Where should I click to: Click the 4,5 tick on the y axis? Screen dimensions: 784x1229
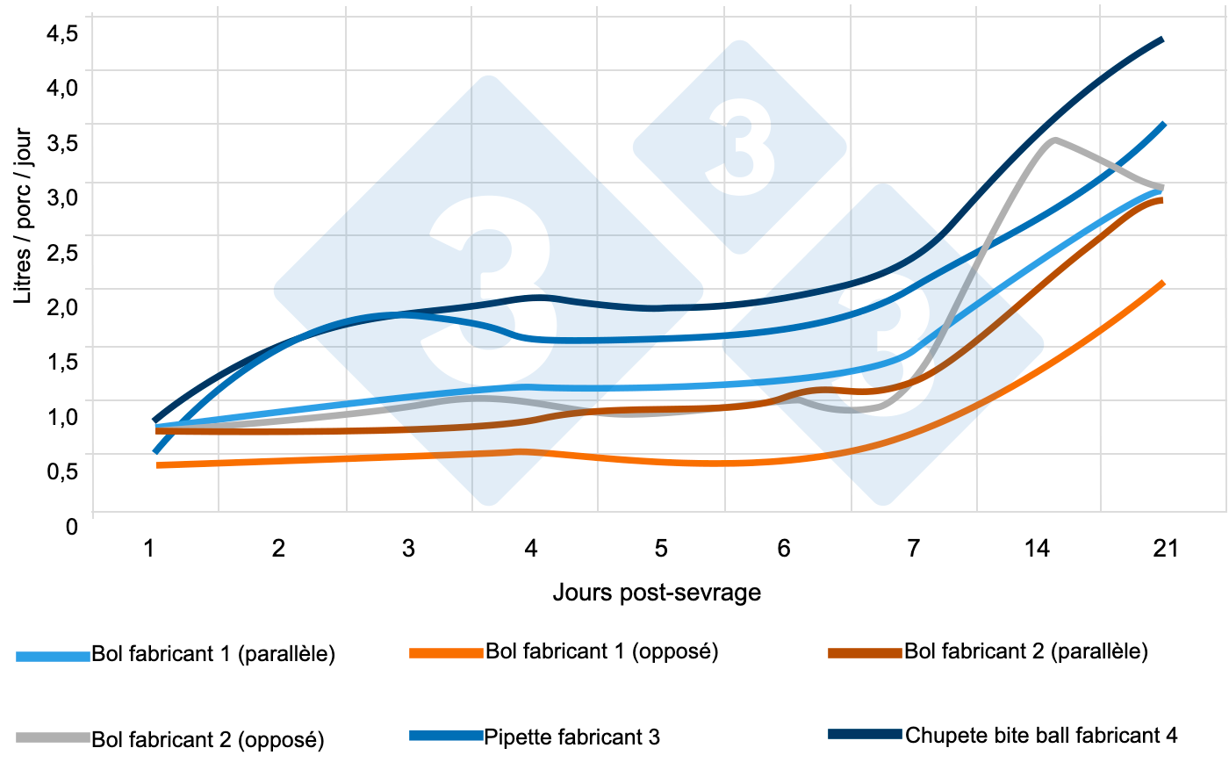click(x=62, y=33)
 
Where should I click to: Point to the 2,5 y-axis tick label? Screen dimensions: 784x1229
click(x=62, y=253)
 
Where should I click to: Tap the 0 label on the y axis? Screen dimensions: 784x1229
click(x=72, y=528)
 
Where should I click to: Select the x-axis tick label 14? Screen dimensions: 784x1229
click(x=1037, y=549)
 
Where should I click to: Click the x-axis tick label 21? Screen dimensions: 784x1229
click(x=1165, y=549)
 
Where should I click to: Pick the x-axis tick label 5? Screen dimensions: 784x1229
click(x=660, y=549)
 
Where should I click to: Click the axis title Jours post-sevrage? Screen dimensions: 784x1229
click(x=657, y=593)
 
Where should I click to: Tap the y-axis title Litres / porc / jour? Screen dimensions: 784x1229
click(x=24, y=216)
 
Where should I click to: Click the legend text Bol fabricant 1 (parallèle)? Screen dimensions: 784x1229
click(x=213, y=654)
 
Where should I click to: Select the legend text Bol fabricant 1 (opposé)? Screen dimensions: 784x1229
click(x=601, y=651)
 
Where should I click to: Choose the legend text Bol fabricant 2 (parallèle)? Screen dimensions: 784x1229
click(x=1025, y=651)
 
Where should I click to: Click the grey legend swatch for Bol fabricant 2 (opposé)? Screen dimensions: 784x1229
click(x=53, y=737)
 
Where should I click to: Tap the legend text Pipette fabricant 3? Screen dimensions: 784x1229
click(x=571, y=737)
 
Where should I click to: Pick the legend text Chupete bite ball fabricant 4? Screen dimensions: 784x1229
click(x=1041, y=735)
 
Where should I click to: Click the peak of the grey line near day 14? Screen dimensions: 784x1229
click(x=1053, y=140)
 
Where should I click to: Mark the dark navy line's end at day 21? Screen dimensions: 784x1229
click(x=1162, y=40)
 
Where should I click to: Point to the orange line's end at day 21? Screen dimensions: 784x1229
click(x=1163, y=283)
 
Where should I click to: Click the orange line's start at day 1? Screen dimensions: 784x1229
click(x=159, y=464)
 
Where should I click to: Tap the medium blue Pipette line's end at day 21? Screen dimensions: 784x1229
click(x=1163, y=125)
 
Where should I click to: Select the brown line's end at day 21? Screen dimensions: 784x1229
click(x=1161, y=200)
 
